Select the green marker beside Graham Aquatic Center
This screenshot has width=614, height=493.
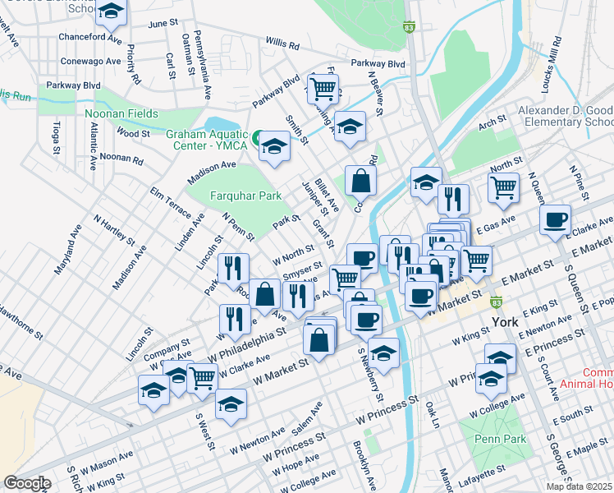click(258, 136)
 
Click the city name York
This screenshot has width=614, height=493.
click(504, 321)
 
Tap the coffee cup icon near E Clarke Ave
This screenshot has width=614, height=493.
click(556, 219)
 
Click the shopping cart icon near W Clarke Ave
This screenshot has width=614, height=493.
click(202, 377)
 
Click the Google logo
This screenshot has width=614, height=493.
click(27, 482)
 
